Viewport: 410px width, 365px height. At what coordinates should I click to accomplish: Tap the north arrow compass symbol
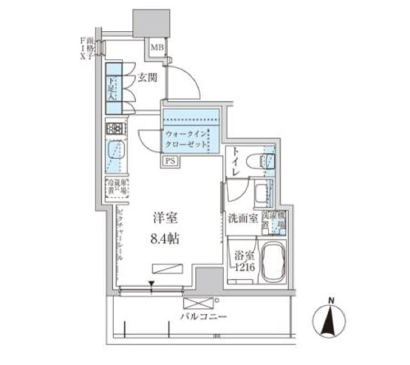[330, 322]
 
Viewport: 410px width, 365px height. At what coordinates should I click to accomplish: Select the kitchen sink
[114, 151]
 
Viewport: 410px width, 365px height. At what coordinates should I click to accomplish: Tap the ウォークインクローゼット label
[186, 138]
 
